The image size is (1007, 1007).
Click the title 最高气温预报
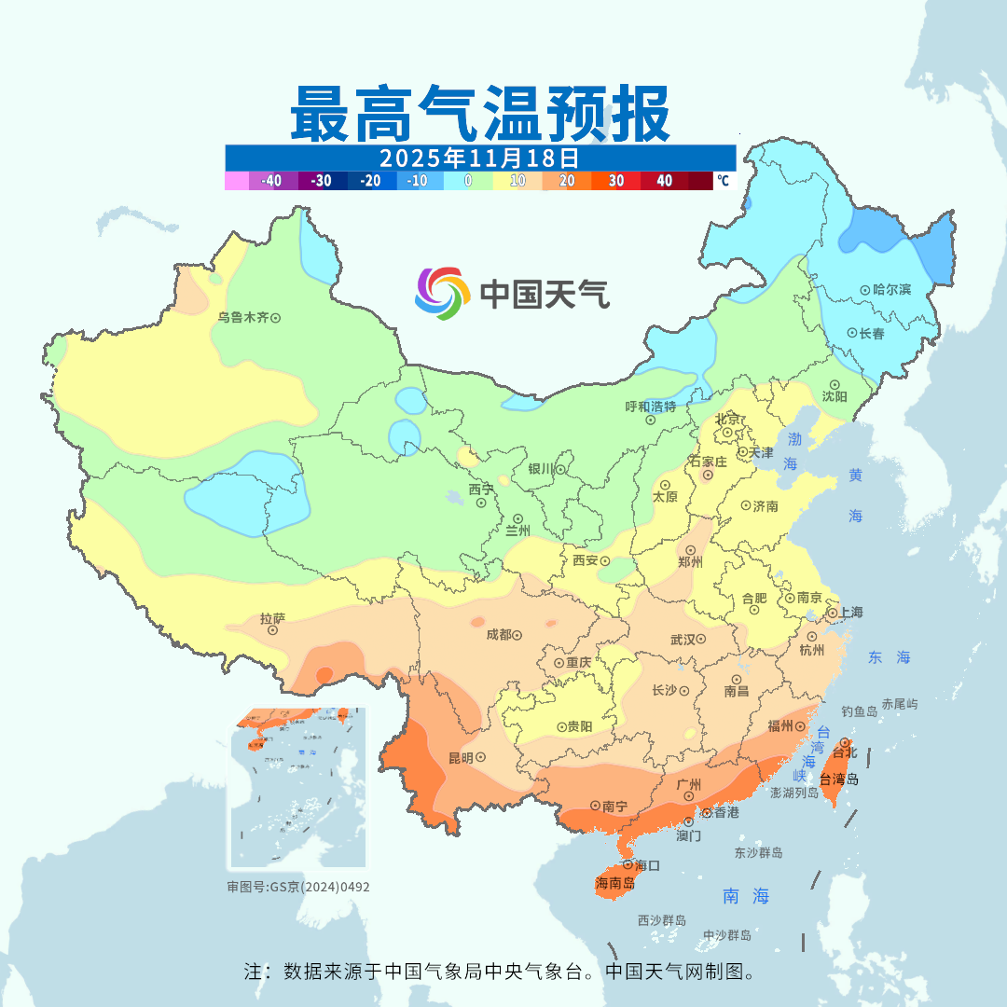(x=479, y=114)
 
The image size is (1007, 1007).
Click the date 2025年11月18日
(x=479, y=157)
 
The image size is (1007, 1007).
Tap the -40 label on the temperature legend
(x=271, y=181)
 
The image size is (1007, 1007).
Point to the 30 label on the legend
(x=616, y=181)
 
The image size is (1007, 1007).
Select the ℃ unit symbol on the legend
(x=723, y=181)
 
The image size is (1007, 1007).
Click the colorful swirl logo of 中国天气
(x=441, y=293)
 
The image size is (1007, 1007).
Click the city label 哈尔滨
(x=892, y=290)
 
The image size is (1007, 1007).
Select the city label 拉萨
(x=272, y=618)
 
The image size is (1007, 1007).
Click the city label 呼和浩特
(x=651, y=407)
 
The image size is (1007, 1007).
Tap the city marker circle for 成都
(x=516, y=635)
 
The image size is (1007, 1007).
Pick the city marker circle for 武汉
(x=700, y=640)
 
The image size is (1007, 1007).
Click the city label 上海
(x=851, y=613)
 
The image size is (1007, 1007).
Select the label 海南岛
(x=614, y=883)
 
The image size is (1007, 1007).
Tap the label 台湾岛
(x=839, y=779)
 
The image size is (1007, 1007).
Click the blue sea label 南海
(x=747, y=897)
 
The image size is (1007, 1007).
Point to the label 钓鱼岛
(x=859, y=711)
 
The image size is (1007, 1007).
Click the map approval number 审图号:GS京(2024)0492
(x=297, y=887)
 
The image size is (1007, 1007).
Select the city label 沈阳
(x=835, y=396)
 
